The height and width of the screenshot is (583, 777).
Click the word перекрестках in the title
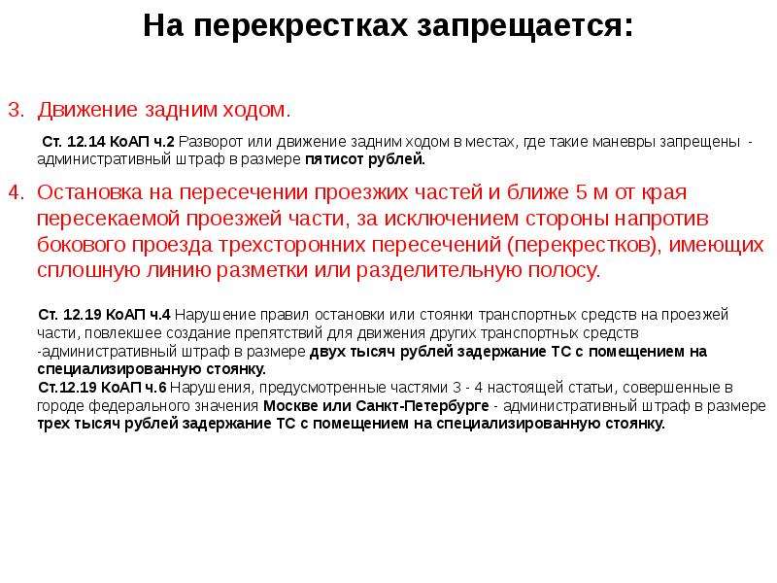(x=300, y=26)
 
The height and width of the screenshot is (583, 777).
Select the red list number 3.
(x=17, y=110)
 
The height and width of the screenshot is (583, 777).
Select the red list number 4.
(x=17, y=192)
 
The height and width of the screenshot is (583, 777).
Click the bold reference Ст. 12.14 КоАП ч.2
(x=108, y=142)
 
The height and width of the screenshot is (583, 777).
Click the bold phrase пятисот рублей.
(x=365, y=159)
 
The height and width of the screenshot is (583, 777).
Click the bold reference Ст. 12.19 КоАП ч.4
(x=104, y=314)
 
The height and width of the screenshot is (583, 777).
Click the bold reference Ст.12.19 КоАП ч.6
(x=103, y=387)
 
